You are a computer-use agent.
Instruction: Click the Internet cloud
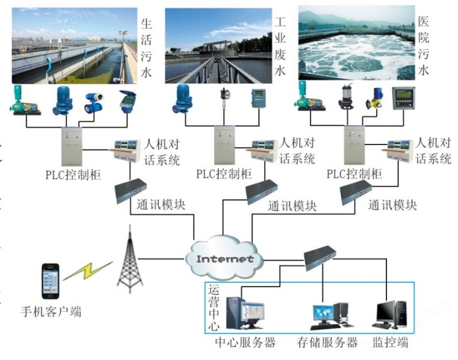pyautogui.click(x=224, y=258)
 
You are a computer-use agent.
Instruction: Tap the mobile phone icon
pyautogui.click(x=50, y=281)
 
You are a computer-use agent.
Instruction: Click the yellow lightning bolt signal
pyautogui.click(x=87, y=271)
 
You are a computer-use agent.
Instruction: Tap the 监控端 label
pyautogui.click(x=391, y=343)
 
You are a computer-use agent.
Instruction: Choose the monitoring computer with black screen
pyautogui.click(x=391, y=314)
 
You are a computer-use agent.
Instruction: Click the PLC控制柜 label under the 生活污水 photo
pyautogui.click(x=73, y=174)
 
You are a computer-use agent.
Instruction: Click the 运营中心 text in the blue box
pyautogui.click(x=214, y=308)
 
